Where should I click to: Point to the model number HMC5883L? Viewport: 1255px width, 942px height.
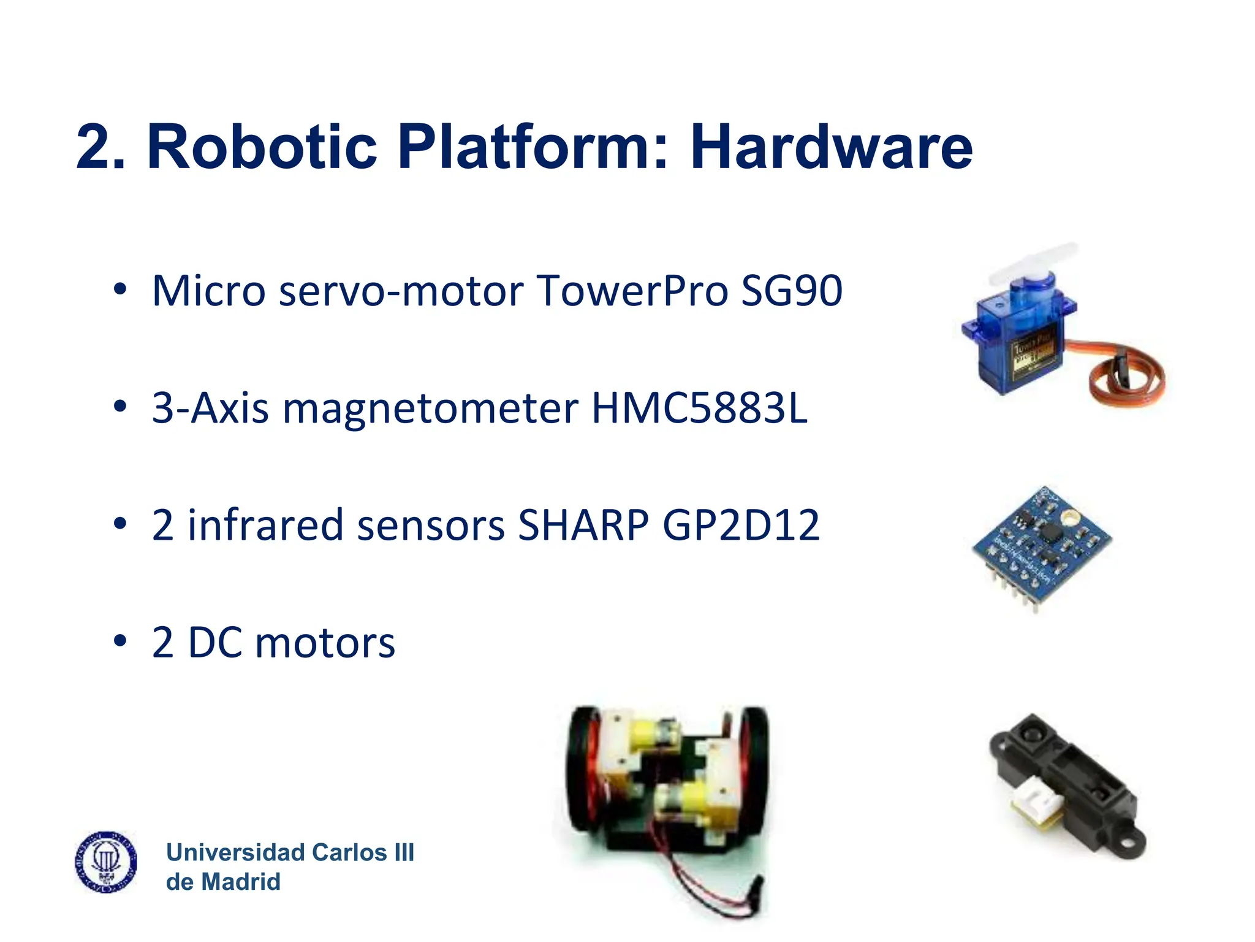pyautogui.click(x=699, y=408)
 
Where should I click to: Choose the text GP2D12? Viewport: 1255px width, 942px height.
pyautogui.click(x=741, y=525)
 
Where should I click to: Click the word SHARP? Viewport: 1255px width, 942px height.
pyautogui.click(x=583, y=525)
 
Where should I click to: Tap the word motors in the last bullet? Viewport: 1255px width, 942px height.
pyautogui.click(x=325, y=643)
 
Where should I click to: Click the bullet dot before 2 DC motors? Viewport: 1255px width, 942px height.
pyautogui.click(x=120, y=641)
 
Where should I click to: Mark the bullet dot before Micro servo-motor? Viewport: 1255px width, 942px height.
pyautogui.click(x=120, y=289)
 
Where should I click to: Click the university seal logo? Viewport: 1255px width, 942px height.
pyautogui.click(x=106, y=862)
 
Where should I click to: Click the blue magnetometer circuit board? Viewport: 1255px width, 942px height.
pyautogui.click(x=1042, y=540)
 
